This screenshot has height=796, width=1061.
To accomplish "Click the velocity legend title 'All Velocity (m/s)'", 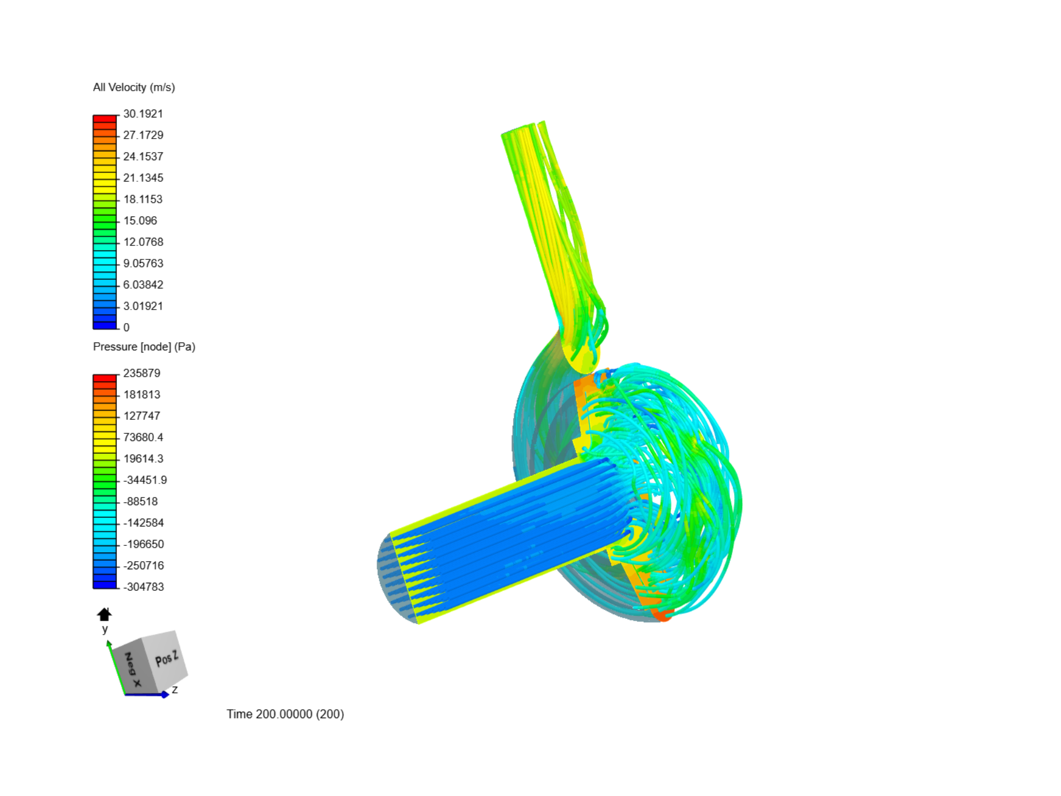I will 133,87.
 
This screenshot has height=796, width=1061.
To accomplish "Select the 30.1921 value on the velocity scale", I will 143,114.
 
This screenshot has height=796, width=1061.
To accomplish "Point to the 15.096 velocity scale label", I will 140,220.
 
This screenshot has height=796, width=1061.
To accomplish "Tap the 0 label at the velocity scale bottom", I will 126,327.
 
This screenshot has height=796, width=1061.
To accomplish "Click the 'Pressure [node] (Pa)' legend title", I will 144,346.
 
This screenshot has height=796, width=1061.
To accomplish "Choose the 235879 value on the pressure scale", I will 141,373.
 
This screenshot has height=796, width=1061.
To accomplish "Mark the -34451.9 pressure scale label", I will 144,480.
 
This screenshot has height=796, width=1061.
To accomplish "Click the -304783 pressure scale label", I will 143,587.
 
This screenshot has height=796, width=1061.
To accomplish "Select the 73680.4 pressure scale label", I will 143,437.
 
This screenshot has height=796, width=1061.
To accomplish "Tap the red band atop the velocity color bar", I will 105,118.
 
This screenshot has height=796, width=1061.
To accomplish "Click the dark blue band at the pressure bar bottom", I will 105,584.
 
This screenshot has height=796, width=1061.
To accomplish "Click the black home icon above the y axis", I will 105,614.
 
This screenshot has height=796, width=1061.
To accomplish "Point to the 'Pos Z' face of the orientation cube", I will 166,658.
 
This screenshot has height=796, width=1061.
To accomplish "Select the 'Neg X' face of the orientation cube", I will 133,670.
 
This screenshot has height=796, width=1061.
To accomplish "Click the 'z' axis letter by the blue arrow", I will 175,690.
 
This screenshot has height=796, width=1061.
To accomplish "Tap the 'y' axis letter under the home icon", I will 105,629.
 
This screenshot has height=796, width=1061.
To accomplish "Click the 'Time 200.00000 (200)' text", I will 285,713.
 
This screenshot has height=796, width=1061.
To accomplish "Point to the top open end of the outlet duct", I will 523,128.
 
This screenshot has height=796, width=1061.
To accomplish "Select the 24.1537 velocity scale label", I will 143,156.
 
